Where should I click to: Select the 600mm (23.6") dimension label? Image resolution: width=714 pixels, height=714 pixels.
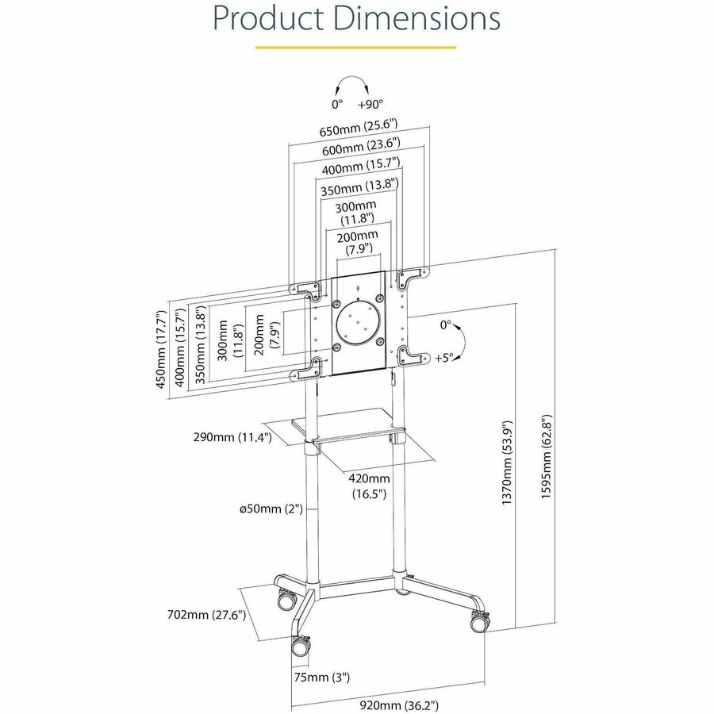point(360,148)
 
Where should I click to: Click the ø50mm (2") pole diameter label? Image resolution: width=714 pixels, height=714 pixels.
point(271,509)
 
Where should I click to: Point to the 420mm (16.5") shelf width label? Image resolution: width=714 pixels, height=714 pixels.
point(369,486)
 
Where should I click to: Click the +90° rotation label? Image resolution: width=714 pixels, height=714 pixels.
point(370,104)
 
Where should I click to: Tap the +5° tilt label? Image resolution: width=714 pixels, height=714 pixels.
point(444,358)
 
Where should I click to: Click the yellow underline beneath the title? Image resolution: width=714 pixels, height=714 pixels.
point(355,47)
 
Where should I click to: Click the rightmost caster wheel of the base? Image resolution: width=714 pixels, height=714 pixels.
point(479,622)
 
